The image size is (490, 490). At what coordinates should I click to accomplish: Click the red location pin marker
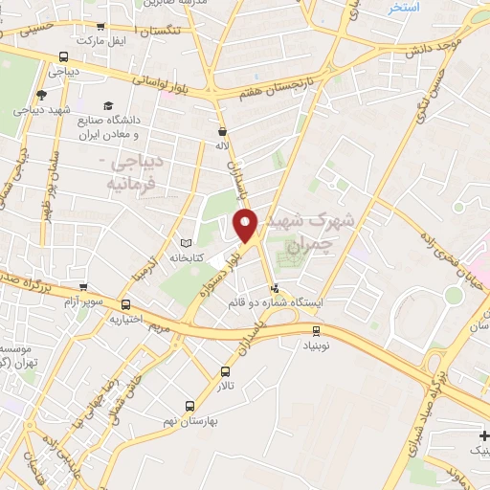[x=246, y=225]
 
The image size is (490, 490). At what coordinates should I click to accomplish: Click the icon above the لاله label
[x=223, y=132]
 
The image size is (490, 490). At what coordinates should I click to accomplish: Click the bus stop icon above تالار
[x=226, y=371]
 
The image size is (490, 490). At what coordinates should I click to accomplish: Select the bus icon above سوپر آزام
[x=83, y=286]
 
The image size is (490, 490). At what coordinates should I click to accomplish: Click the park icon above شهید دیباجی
[x=40, y=94]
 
